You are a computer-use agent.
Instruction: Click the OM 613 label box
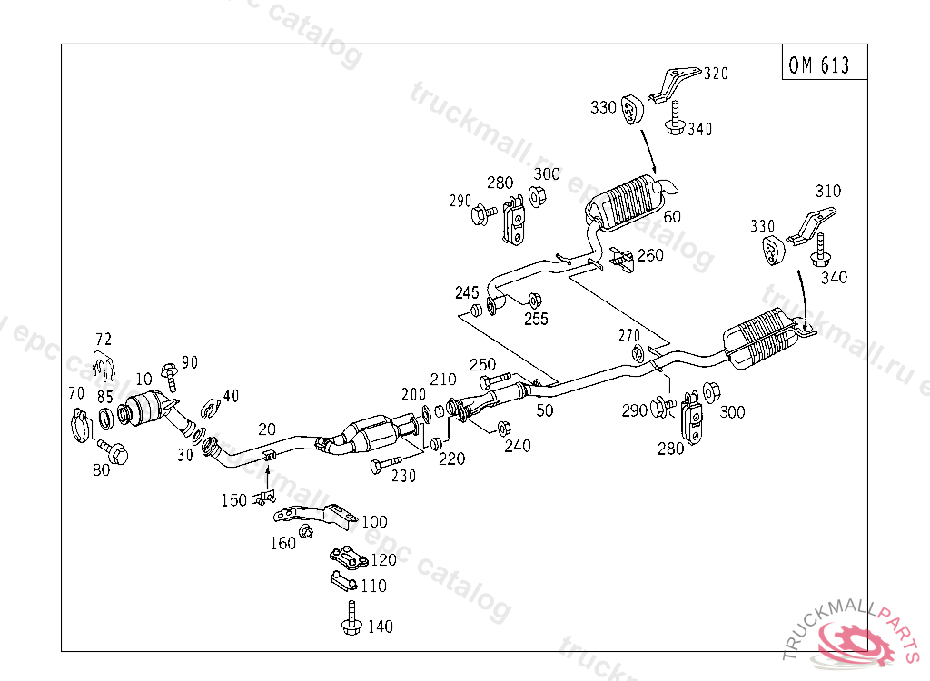click(825, 62)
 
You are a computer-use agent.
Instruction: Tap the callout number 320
click(716, 74)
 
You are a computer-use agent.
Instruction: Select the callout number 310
click(828, 191)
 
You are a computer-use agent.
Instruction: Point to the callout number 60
click(672, 217)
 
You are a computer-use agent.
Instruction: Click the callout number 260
click(650, 255)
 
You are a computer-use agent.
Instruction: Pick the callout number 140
click(381, 627)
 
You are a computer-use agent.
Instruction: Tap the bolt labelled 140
click(351, 618)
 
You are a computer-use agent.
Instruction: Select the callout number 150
click(233, 500)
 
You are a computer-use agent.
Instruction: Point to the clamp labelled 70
click(80, 425)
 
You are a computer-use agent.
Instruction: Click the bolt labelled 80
click(114, 451)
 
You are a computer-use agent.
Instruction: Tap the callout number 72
click(104, 340)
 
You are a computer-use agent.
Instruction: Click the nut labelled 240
click(503, 428)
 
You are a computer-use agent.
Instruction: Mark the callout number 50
click(545, 410)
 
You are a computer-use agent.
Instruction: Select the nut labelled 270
click(637, 353)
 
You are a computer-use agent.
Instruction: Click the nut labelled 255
click(534, 301)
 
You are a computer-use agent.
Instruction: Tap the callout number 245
click(467, 292)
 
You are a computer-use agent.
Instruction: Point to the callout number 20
click(267, 429)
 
